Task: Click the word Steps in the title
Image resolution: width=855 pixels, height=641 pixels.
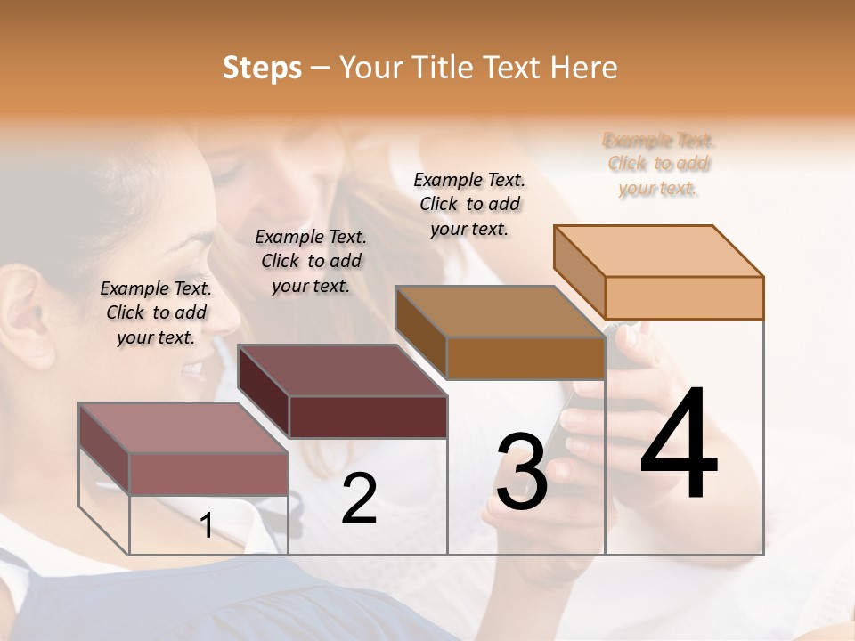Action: point(262,68)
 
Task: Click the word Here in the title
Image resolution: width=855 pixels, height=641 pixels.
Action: point(583,68)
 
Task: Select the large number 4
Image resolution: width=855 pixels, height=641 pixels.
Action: point(679,444)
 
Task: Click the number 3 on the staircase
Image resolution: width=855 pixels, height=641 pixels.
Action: point(522,472)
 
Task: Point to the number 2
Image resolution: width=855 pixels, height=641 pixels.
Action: point(359,499)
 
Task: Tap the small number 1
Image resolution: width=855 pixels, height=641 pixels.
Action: point(207,526)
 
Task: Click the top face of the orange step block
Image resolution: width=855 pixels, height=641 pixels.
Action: point(659,251)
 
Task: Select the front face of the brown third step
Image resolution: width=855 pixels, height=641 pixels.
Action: point(525,359)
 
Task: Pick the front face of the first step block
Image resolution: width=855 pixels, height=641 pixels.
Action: point(208,474)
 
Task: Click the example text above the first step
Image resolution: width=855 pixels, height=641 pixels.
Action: point(156,312)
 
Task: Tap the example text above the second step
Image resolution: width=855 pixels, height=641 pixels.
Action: point(311,261)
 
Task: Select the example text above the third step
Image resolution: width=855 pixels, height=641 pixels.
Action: point(469,204)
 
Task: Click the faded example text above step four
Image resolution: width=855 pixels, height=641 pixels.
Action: point(659,164)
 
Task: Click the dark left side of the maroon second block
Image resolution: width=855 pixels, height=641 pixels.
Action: point(264,392)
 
